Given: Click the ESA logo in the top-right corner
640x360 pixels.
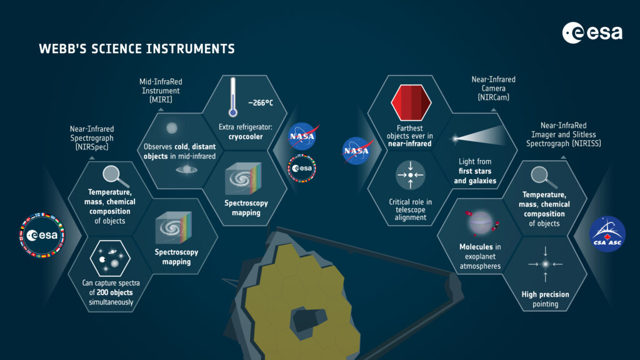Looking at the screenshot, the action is pos(592,32).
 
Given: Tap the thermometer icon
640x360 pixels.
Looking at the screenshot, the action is pos(232,97).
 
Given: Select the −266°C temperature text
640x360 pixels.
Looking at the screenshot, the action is pos(261,103).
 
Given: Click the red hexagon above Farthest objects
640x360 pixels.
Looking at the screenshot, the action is pos(411,102).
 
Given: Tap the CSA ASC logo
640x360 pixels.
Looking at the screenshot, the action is pos(607,234).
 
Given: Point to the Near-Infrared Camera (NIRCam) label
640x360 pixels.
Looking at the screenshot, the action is pos(494,88).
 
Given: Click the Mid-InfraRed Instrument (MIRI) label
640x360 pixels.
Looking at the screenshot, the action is pos(161,91).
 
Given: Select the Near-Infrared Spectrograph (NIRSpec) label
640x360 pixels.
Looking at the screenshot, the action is pos(92,138).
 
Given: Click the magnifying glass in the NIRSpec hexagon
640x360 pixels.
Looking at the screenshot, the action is pos(115,176).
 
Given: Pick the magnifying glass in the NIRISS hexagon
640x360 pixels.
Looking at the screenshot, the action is pos(544,177).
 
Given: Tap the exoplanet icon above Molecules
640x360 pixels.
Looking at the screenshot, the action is pos(481,223).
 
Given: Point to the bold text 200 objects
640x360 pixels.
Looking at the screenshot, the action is pos(114,292).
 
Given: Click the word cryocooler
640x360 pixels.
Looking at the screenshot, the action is pos(245,137).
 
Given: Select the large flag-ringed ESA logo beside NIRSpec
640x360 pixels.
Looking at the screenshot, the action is pos(42,235).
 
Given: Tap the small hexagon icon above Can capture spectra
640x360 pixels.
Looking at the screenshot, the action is pos(110,258).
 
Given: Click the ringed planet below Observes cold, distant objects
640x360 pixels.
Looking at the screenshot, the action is pos(186,169).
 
